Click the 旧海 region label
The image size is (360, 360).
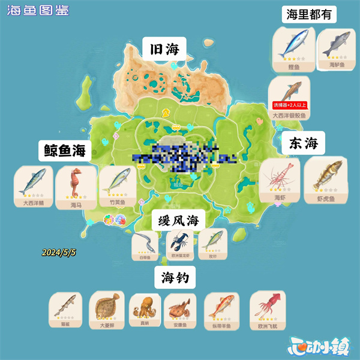(164, 49)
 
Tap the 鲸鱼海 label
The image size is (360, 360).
(66, 151)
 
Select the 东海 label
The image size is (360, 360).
(302, 143)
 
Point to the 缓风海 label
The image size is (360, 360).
(178, 220)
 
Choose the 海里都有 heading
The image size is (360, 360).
(308, 15)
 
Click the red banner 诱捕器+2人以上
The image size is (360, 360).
(290, 105)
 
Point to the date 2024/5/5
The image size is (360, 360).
(59, 253)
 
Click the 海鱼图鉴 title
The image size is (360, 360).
(37, 10)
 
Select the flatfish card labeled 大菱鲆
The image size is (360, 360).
(106, 310)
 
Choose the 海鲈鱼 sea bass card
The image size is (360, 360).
(333, 49)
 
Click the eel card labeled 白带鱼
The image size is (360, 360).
(145, 244)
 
